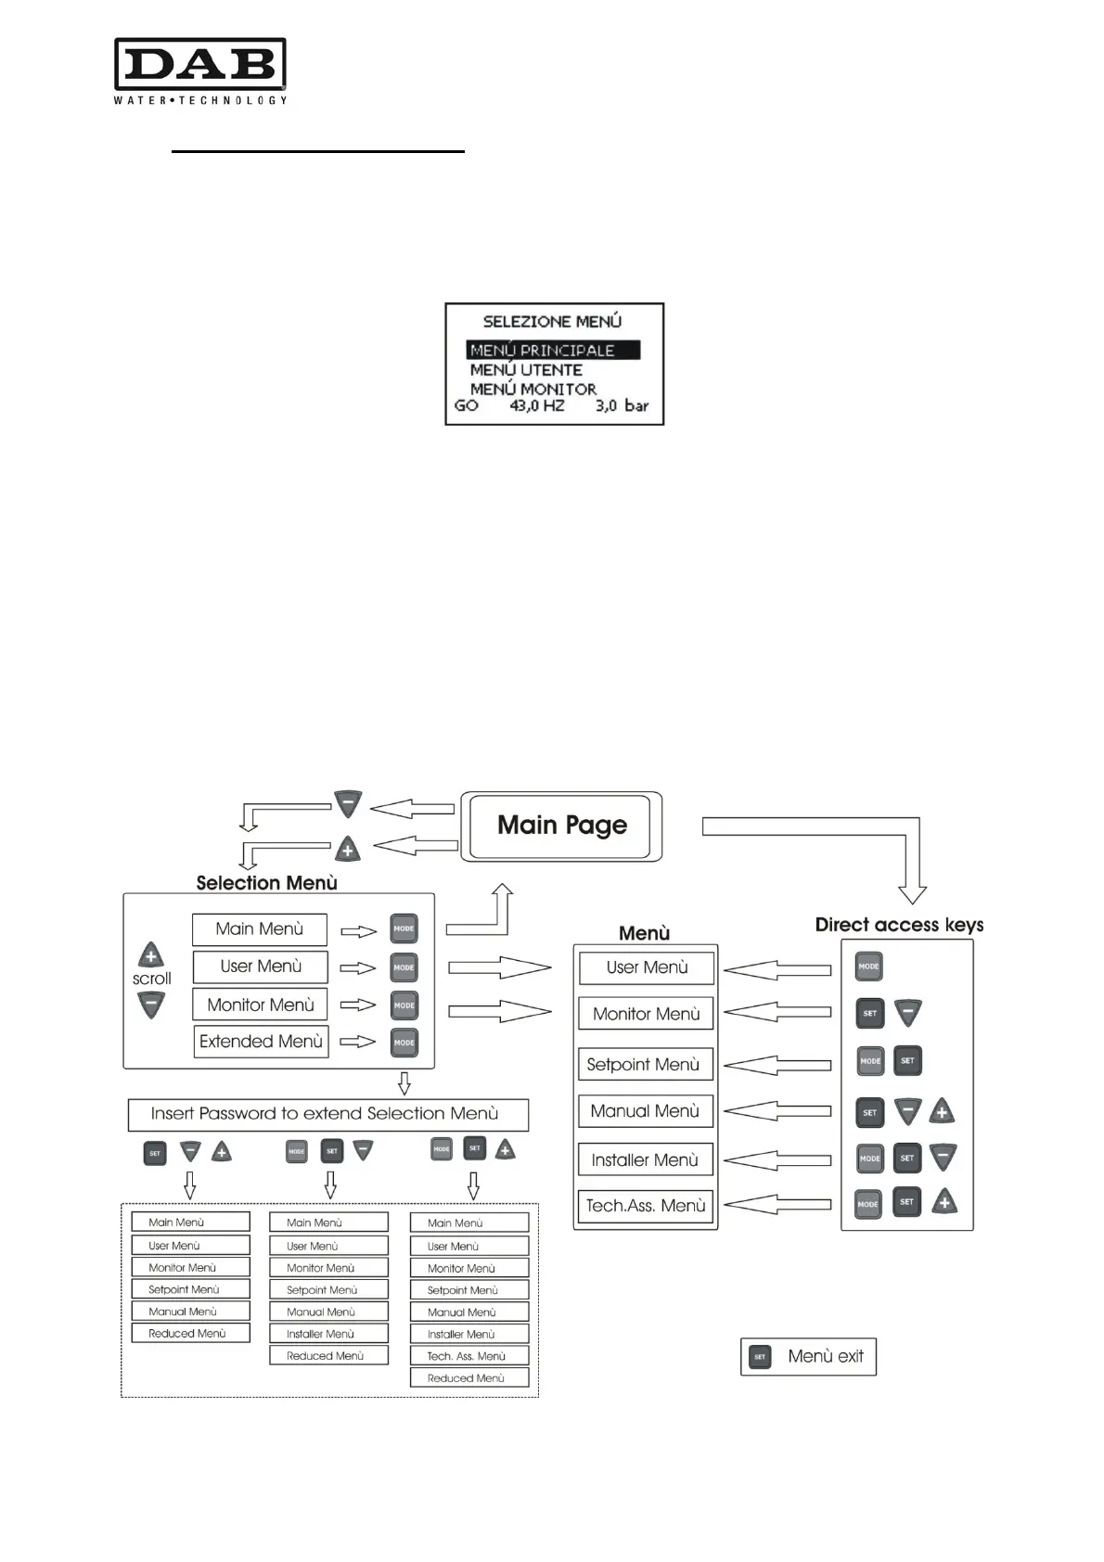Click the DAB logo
click(199, 70)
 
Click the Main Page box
click(562, 826)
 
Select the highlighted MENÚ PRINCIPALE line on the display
click(553, 351)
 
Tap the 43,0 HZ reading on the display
click(536, 406)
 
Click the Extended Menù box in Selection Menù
click(261, 1042)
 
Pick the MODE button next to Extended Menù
click(404, 1043)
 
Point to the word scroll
click(151, 979)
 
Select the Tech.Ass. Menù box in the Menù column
click(646, 1206)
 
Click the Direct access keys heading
click(899, 925)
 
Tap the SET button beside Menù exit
click(760, 1357)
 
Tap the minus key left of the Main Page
click(348, 804)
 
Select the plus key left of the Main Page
click(347, 849)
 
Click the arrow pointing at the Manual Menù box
click(777, 1111)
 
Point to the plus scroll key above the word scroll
click(151, 954)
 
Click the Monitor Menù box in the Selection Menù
click(261, 1005)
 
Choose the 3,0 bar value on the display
click(622, 406)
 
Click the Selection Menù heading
click(266, 883)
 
